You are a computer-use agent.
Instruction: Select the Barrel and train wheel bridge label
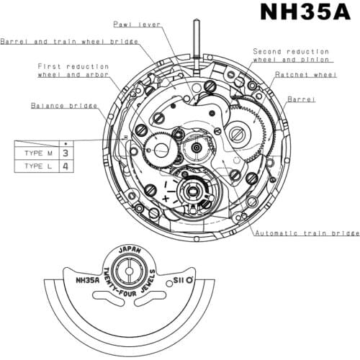(x=71, y=41)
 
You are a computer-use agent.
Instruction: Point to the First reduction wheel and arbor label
(x=73, y=70)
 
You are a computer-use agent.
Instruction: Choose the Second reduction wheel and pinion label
(x=291, y=56)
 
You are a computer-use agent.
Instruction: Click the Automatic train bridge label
(x=307, y=233)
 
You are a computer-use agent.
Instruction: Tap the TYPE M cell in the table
(x=37, y=153)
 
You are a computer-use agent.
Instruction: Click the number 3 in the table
(x=66, y=153)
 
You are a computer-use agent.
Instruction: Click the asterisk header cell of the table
(x=66, y=143)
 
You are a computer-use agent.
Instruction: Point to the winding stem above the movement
(x=196, y=43)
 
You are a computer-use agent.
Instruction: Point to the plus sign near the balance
(x=166, y=197)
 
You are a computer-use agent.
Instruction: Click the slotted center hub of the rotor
(x=127, y=272)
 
